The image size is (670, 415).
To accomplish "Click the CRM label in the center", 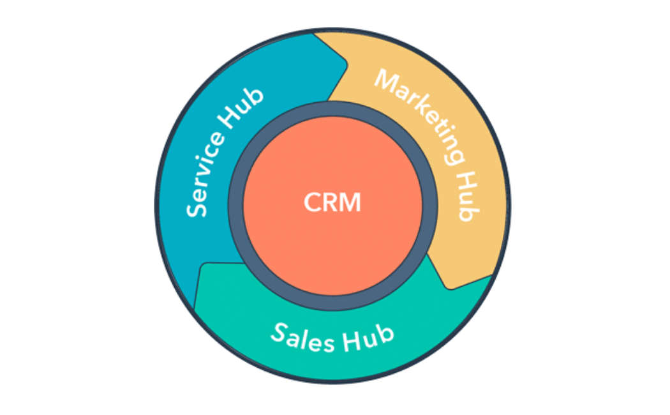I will (332, 202).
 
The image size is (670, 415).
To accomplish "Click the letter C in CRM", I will (311, 203).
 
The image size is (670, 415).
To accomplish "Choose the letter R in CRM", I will (330, 203).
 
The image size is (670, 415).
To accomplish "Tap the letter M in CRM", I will (350, 203).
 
